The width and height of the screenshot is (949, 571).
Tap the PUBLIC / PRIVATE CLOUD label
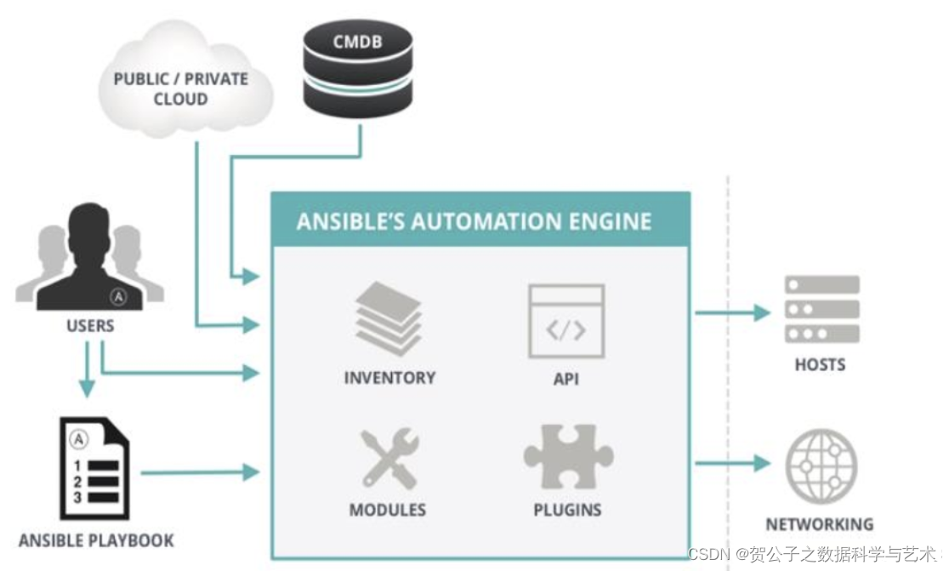pos(181,89)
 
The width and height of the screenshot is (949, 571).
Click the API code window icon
pos(565,320)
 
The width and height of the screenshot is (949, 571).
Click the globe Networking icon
pos(821,465)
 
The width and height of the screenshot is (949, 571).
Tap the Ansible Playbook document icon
pos(94,471)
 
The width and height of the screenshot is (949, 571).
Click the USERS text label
pos(89,326)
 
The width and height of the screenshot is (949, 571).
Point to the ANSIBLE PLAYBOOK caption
pos(96,540)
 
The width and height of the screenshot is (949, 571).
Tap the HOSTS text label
pos(820,364)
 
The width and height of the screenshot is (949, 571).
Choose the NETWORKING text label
pos(819,524)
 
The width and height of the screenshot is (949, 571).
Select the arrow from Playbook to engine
pos(199,471)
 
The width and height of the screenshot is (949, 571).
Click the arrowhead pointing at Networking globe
pos(760,464)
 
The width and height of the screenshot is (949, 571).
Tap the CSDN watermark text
pos(815,555)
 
